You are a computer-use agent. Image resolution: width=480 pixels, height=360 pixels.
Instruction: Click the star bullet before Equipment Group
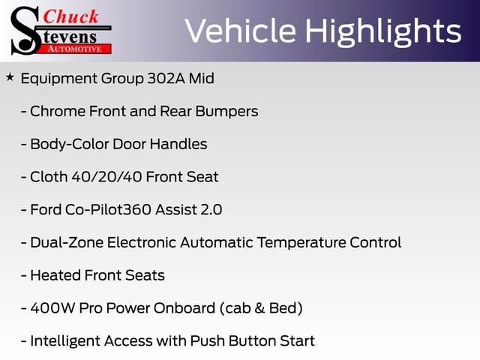10,77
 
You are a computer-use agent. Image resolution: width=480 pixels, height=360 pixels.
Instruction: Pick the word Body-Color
65,144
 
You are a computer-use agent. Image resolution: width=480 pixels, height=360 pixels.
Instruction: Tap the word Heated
55,275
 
